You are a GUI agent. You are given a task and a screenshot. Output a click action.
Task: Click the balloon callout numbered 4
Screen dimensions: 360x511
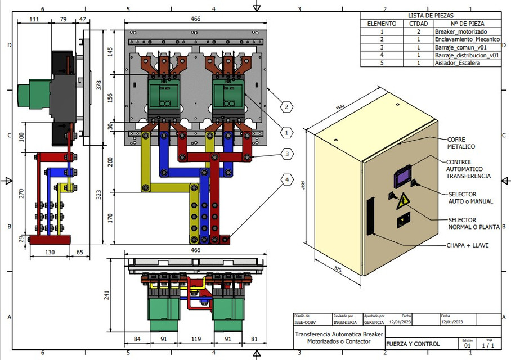(x=287, y=180)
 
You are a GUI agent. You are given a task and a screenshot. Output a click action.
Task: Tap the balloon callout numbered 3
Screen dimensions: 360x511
(x=287, y=154)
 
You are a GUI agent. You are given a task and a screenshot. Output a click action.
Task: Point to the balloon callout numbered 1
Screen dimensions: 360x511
(x=286, y=133)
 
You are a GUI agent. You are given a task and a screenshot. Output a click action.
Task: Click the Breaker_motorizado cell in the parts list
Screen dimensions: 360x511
(x=461, y=32)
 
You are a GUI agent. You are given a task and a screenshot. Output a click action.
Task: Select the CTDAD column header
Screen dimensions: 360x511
(x=418, y=24)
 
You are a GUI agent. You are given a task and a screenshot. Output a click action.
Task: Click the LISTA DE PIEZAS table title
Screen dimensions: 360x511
(x=431, y=16)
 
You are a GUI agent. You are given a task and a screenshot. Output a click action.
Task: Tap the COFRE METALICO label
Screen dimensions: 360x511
(x=461, y=143)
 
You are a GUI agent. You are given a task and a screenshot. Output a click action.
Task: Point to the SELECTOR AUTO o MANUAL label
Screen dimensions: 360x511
(x=470, y=197)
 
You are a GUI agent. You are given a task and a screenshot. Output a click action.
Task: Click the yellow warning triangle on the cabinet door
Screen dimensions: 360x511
(x=403, y=200)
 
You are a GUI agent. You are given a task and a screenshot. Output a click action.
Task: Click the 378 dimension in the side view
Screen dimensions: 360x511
(x=99, y=85)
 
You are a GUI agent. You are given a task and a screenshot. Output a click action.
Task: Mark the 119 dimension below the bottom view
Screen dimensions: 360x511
(x=195, y=339)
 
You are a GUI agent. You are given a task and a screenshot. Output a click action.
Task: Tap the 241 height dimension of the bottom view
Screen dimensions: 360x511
(x=116, y=296)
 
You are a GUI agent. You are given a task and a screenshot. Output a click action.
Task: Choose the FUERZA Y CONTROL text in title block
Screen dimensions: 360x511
(x=413, y=344)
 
